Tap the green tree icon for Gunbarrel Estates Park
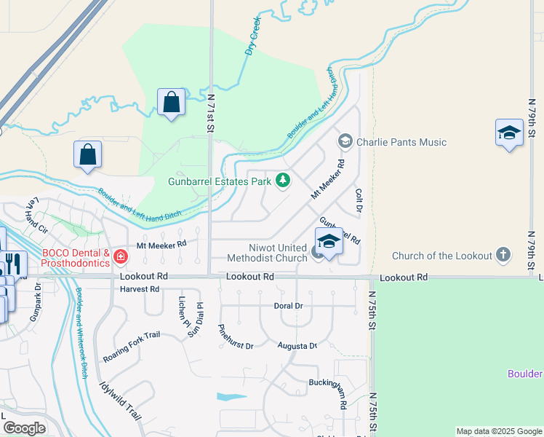point(281,181)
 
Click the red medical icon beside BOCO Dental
point(120,256)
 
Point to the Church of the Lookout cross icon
point(503,256)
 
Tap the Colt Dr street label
point(359,201)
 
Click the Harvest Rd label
point(140,289)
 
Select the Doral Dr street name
point(288,306)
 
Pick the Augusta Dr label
point(297,346)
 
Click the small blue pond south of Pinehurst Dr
point(231,398)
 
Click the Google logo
point(24,428)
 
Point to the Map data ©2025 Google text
point(498,431)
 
